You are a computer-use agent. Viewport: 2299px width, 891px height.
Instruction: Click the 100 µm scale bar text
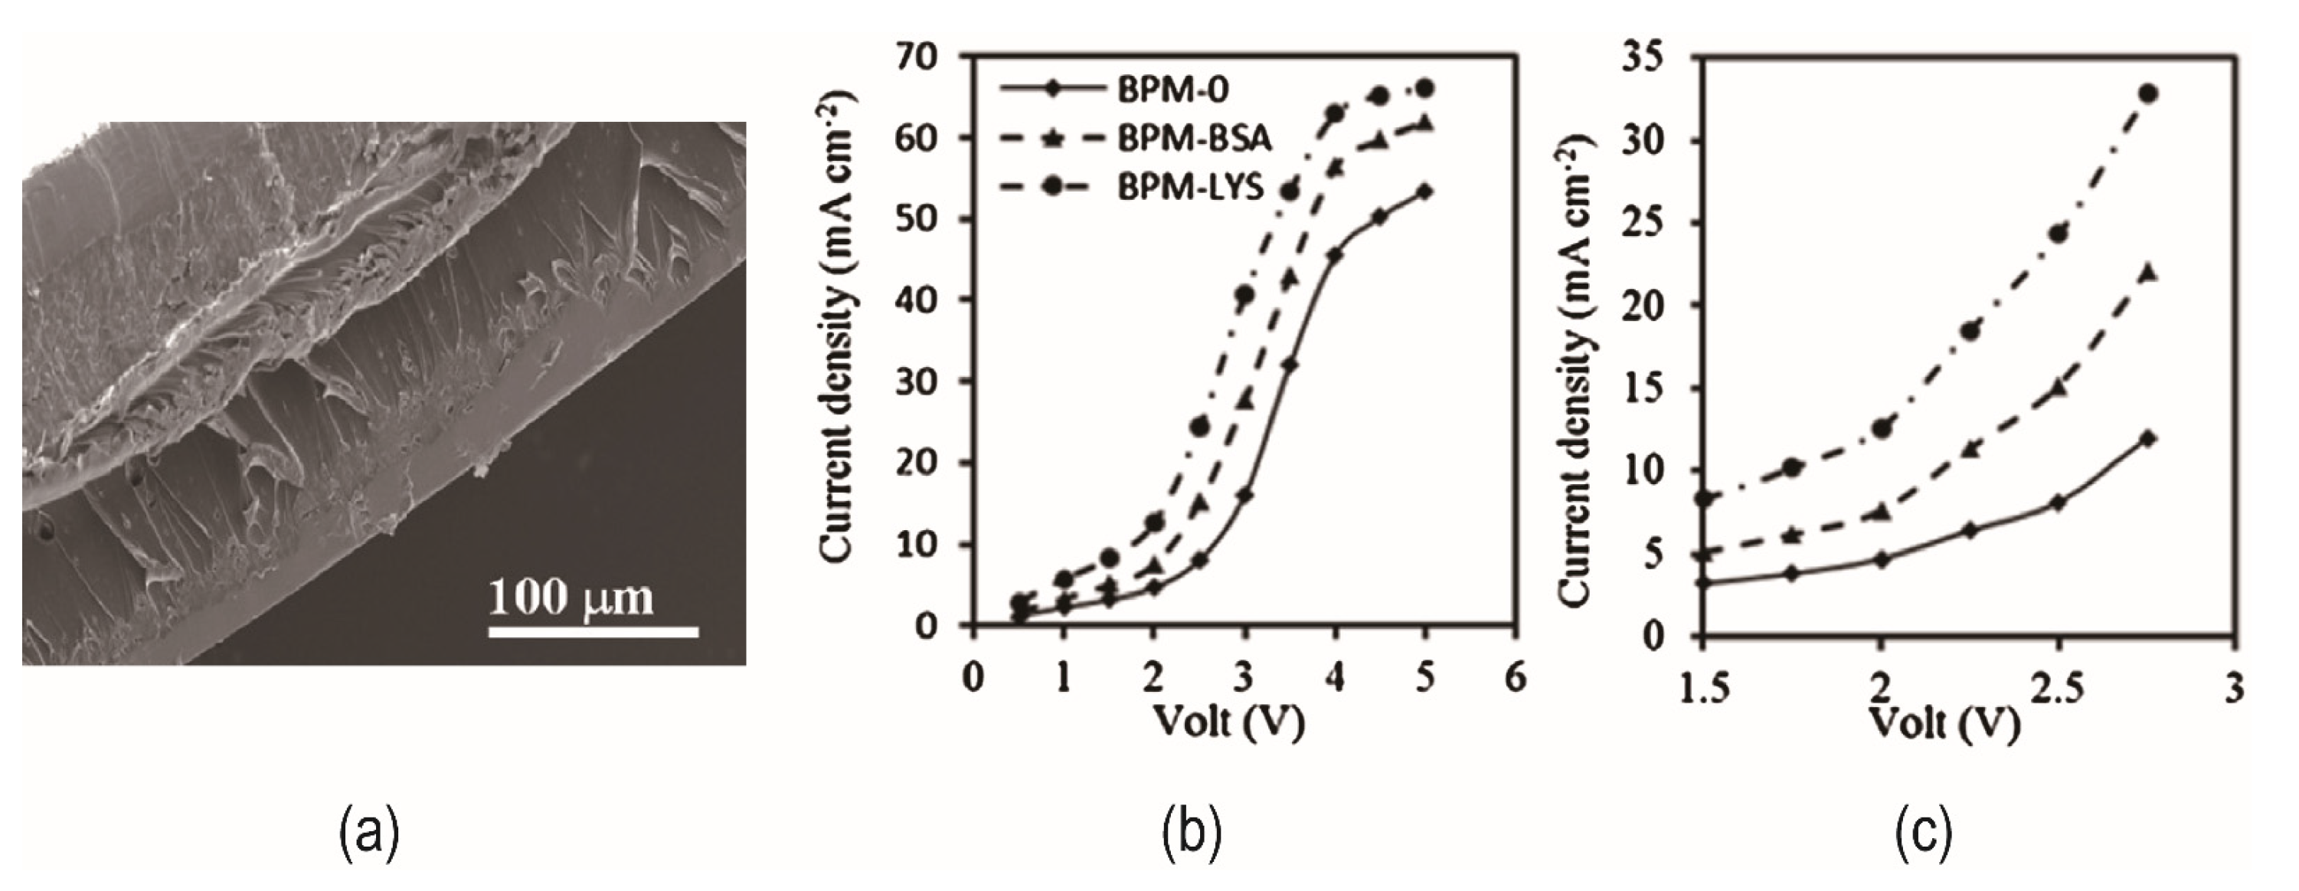[571, 598]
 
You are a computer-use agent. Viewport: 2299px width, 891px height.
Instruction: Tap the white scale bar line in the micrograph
[593, 632]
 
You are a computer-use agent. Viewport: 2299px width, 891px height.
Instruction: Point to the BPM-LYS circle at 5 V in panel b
[1425, 88]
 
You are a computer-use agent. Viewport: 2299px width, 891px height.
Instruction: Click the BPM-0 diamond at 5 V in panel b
[1425, 191]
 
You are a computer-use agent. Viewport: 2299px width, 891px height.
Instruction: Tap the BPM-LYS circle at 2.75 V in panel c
[2148, 93]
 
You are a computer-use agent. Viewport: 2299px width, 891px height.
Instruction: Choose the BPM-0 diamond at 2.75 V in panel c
[2148, 437]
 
